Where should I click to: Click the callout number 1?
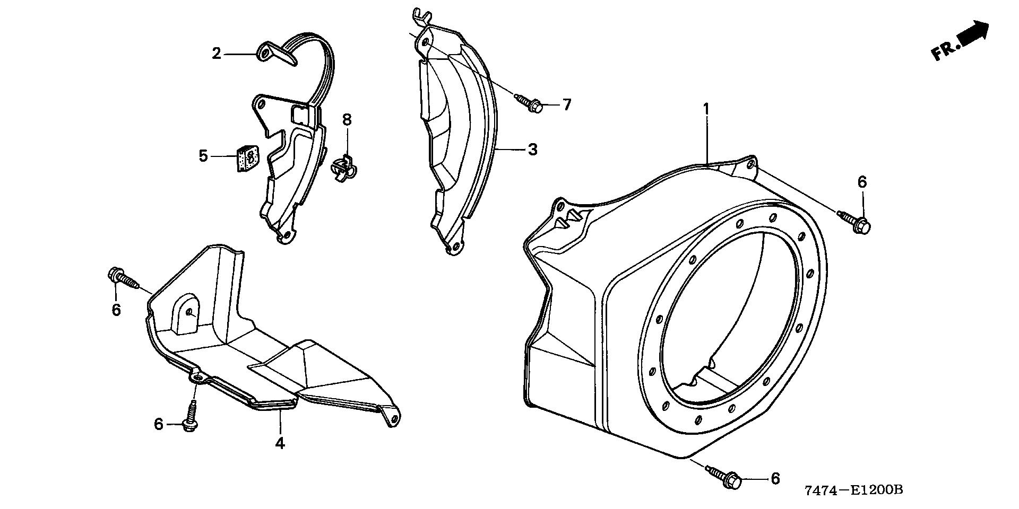coord(706,109)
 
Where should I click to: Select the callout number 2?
coord(217,54)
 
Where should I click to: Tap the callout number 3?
coord(533,150)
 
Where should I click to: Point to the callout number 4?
coord(280,443)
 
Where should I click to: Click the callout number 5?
coord(203,156)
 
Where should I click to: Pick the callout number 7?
coord(567,105)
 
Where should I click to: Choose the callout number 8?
coord(347,119)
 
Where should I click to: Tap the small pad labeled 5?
coord(246,159)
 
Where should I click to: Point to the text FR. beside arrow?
coord(943,51)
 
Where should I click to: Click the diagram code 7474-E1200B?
coord(853,490)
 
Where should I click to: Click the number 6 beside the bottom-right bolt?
coord(775,479)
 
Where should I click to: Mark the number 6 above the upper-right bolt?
coord(862,182)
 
